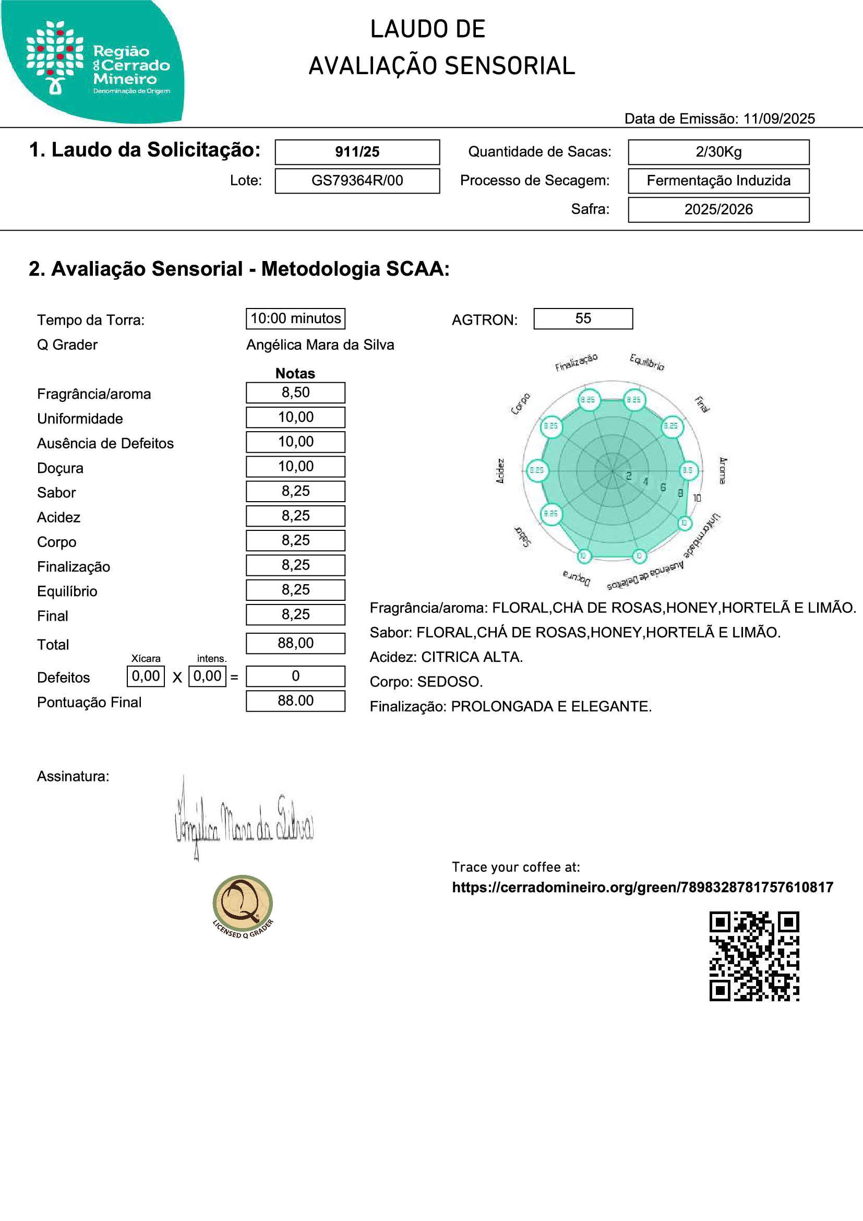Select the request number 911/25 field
point(357,152)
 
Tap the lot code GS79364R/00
point(357,181)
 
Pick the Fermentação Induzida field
point(718,181)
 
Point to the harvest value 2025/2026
point(718,209)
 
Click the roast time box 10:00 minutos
point(295,318)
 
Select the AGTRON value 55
point(583,318)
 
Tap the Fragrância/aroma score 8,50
point(295,393)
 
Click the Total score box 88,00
point(295,644)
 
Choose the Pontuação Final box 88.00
point(295,701)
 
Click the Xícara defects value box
point(146,677)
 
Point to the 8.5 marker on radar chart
point(688,470)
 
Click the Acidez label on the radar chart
point(500,471)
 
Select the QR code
point(754,956)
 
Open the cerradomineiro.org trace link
point(642,887)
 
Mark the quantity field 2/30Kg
point(718,152)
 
